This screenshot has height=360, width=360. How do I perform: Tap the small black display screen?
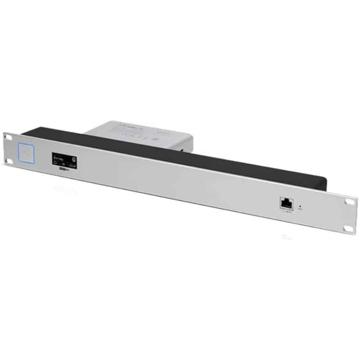coord(64,161)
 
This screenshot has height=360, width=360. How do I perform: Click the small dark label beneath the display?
coord(64,172)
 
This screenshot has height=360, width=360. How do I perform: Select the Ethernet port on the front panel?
coord(286,203)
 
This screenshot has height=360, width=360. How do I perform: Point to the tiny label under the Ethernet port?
coord(286,211)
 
